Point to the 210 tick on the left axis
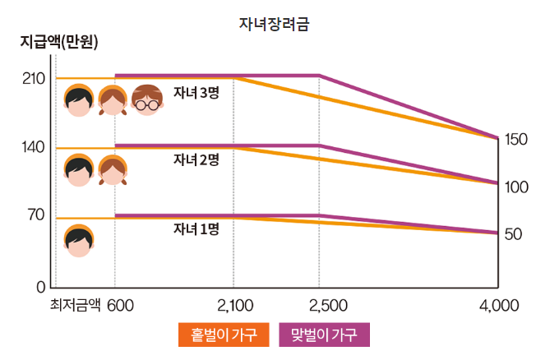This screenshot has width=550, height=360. (33, 79)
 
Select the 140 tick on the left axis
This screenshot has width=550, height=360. (33, 148)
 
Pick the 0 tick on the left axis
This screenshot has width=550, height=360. (40, 287)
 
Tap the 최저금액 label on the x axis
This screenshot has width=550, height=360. (75, 306)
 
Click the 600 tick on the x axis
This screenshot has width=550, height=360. (121, 306)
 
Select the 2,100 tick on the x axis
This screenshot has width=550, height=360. (235, 306)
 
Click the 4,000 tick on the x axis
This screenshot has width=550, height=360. (499, 306)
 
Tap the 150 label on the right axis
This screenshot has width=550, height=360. (515, 139)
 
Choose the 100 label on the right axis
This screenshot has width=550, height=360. (515, 187)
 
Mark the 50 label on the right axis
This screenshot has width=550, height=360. (513, 234)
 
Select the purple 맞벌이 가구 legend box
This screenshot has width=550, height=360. (325, 335)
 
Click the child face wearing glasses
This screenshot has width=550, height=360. (146, 100)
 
